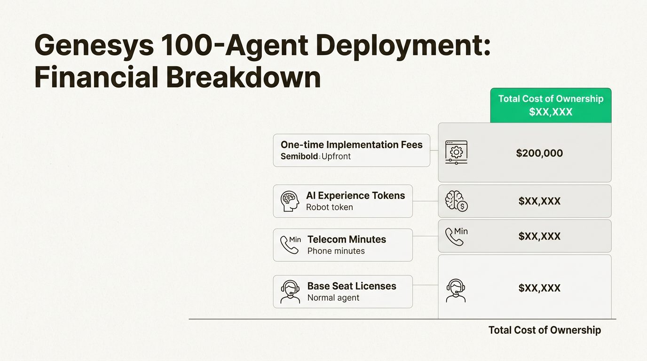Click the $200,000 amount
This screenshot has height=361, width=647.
[539, 153]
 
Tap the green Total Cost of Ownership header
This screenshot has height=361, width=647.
[551, 105]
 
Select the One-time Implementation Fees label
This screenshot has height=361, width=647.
[351, 145]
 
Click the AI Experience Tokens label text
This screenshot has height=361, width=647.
[355, 196]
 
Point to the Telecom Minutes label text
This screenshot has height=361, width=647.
[347, 239]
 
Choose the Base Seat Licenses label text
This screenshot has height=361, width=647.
[352, 286]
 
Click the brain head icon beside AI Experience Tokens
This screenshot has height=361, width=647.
[290, 201]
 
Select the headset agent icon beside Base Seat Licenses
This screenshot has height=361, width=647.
[290, 292]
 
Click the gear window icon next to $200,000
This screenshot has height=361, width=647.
[456, 152]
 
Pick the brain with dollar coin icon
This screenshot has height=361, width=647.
[456, 201]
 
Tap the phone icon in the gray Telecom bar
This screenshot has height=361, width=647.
[455, 236]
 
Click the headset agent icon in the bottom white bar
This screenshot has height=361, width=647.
[455, 290]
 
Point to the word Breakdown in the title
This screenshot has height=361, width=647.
[243, 78]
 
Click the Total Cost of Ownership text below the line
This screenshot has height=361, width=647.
[544, 330]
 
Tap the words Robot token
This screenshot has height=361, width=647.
[329, 207]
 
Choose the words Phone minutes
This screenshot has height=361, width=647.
[336, 251]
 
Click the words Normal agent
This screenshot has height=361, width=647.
[333, 298]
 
